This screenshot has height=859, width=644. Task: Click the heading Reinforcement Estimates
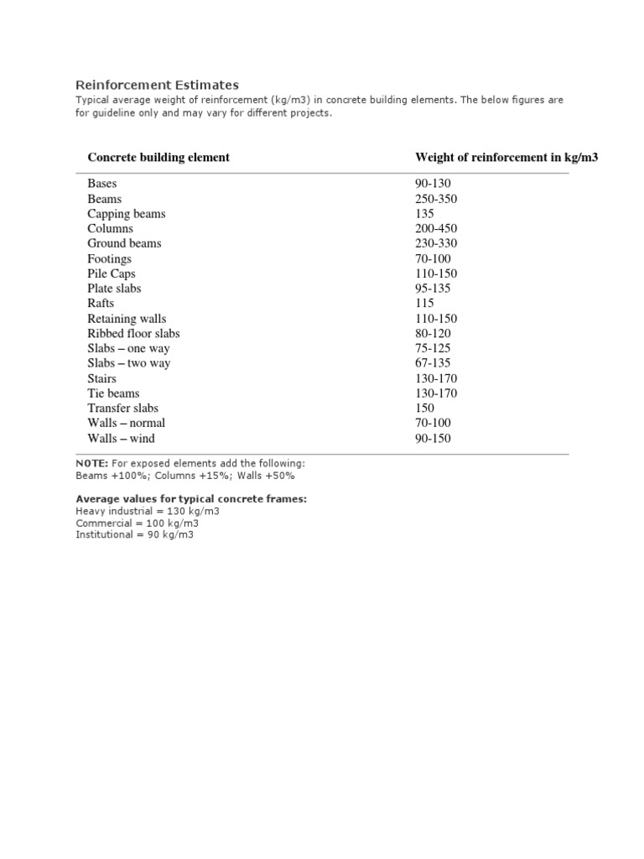[x=157, y=85]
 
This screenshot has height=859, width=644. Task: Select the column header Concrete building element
[x=158, y=157]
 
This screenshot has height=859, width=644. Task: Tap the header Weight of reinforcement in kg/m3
[x=506, y=157]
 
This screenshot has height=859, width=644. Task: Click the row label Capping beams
[x=126, y=214]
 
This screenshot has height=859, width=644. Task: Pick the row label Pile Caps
[x=111, y=273]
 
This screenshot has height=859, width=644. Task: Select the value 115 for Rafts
[x=425, y=303]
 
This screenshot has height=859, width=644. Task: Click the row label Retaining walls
[x=127, y=319]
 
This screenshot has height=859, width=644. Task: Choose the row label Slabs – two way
[x=128, y=363]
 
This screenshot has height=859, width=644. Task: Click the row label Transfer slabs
[x=122, y=408]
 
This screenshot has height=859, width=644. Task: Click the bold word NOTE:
[x=87, y=463]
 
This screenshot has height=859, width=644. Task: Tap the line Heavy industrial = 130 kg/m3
[x=148, y=511]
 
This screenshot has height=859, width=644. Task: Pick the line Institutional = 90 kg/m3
[x=134, y=534]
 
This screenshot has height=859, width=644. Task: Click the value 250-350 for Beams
[x=437, y=199]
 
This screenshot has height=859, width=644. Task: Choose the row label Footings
[x=109, y=258]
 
